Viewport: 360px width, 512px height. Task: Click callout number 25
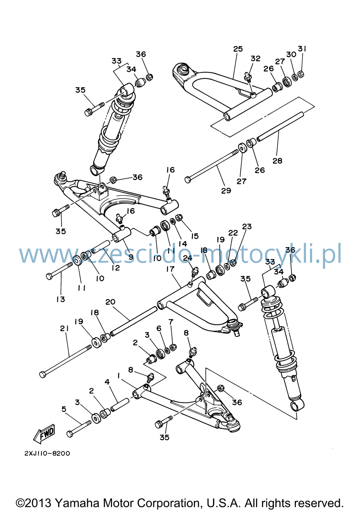(x=238, y=49)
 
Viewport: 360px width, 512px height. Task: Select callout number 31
(x=302, y=49)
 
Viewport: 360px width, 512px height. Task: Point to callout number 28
(x=277, y=161)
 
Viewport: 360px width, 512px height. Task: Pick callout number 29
(x=226, y=190)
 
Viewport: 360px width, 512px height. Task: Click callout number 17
(x=170, y=269)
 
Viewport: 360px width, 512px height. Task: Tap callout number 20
(x=110, y=302)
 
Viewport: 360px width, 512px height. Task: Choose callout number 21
(x=64, y=329)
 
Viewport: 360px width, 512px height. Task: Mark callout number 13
(x=60, y=299)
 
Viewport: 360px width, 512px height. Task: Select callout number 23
(x=247, y=226)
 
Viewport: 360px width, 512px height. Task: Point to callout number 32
(x=255, y=59)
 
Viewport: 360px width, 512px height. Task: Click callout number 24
(x=188, y=258)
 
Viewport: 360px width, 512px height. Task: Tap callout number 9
(x=131, y=257)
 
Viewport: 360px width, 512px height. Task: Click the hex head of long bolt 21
(x=43, y=375)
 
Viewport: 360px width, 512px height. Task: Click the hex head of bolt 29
(x=188, y=180)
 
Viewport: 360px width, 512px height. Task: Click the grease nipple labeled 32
(x=247, y=76)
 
